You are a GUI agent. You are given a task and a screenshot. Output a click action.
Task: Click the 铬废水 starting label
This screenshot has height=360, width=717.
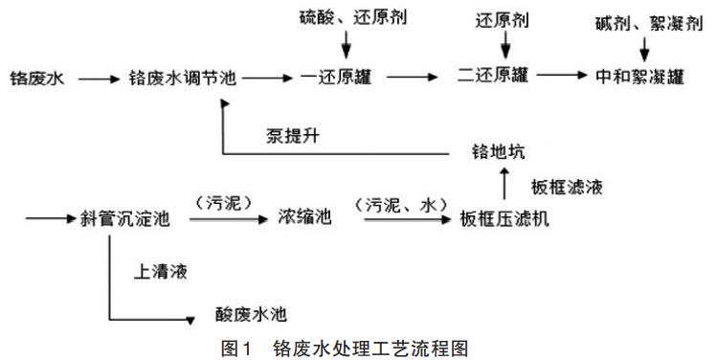[x=36, y=79]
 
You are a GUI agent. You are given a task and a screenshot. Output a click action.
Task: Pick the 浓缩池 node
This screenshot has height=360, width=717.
[x=304, y=219]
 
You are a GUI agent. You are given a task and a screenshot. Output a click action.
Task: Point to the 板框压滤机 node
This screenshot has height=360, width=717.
[x=504, y=219]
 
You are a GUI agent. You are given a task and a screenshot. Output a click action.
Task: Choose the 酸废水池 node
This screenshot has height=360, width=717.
[x=253, y=314]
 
